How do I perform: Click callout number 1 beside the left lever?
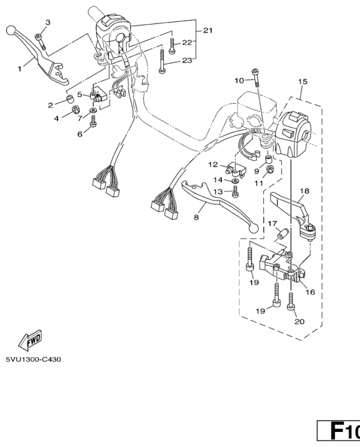pos(19,69)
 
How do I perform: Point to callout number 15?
pos(302,82)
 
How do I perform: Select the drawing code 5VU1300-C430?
pos(33,359)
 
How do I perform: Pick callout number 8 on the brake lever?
pos(196,217)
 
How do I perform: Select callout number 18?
pos(304,191)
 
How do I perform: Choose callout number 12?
pos(213,164)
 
